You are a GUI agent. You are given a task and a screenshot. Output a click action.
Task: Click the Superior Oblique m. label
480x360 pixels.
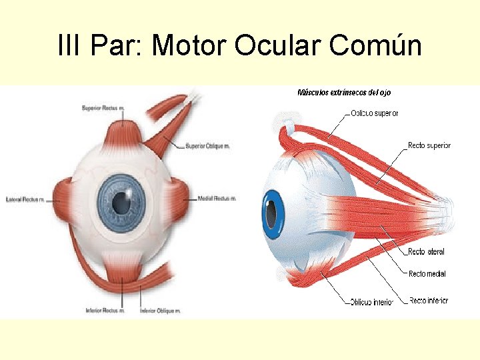point(207,146)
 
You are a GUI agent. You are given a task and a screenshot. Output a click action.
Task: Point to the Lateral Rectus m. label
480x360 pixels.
point(25,199)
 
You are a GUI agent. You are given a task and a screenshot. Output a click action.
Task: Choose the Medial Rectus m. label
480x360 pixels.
point(217,199)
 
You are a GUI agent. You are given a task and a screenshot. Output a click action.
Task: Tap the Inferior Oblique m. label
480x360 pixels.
point(160,310)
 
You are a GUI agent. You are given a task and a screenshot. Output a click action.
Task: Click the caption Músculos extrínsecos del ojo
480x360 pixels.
point(344,92)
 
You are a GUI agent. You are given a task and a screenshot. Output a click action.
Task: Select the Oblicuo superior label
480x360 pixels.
point(375,113)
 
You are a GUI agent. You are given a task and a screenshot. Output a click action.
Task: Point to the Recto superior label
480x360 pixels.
point(429,145)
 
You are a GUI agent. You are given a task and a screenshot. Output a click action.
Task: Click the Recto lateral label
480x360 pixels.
point(426,252)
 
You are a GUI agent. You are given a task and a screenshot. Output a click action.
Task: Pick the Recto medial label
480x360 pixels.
point(427,274)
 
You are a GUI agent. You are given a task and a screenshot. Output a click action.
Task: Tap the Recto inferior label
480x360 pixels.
point(428,301)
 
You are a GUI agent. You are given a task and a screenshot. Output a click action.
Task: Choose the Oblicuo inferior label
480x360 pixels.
point(372,302)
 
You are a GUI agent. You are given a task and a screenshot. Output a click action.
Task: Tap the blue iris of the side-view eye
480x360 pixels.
point(272,215)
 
